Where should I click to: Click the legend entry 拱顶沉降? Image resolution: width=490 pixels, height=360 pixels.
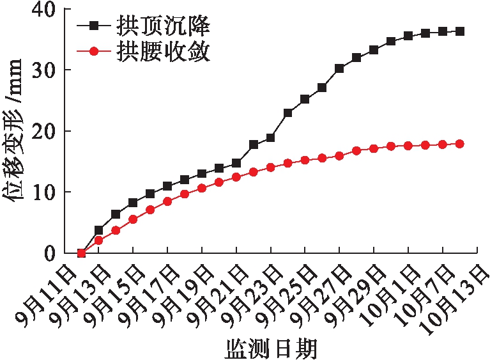(x=163, y=27)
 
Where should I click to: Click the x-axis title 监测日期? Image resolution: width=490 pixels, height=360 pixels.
(x=271, y=348)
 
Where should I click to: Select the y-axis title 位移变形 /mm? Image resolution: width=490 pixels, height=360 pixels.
(x=15, y=131)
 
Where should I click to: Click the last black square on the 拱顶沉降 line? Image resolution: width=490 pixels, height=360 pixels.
(x=459, y=31)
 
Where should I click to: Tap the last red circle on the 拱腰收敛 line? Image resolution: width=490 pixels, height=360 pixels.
(x=459, y=144)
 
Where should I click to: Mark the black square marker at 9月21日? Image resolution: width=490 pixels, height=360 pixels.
(x=236, y=163)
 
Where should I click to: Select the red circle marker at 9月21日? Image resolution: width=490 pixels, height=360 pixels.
(x=236, y=177)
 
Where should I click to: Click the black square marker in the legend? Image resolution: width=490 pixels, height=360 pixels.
(x=95, y=27)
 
